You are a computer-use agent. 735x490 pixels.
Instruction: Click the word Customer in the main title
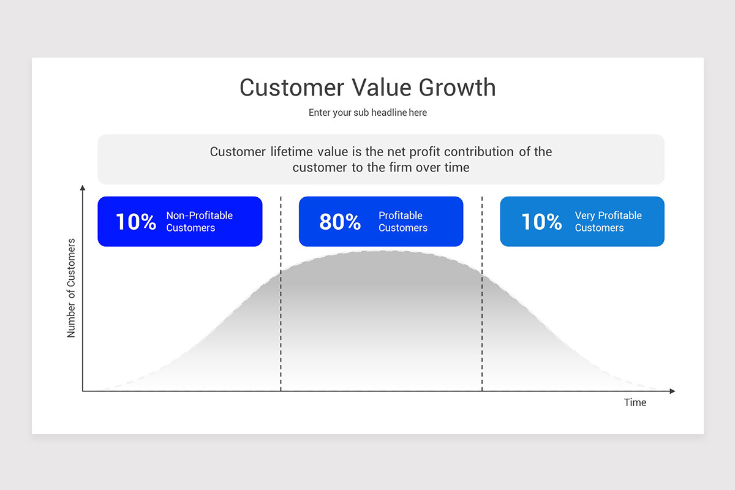[x=292, y=88]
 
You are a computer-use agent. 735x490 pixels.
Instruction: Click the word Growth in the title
[x=457, y=88]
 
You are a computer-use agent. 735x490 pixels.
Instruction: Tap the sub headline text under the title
[x=367, y=113]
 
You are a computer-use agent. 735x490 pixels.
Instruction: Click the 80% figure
[x=340, y=222]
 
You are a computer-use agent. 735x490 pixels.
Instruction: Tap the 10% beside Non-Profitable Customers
[x=136, y=222]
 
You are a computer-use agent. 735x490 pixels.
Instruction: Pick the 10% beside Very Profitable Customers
[x=541, y=222]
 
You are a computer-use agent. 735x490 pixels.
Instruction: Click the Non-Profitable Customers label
[x=199, y=222]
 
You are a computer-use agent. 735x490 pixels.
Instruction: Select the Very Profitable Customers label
[x=608, y=222]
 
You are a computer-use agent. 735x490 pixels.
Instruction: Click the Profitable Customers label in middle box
[x=402, y=222]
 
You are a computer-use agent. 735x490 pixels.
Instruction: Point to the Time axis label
[x=635, y=402]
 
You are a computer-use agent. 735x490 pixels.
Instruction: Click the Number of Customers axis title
[x=72, y=288]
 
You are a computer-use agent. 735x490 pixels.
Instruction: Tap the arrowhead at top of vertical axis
[x=83, y=187]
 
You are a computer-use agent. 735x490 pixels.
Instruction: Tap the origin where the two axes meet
[x=83, y=391]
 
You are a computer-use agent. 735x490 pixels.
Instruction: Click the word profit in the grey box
[x=425, y=152]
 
